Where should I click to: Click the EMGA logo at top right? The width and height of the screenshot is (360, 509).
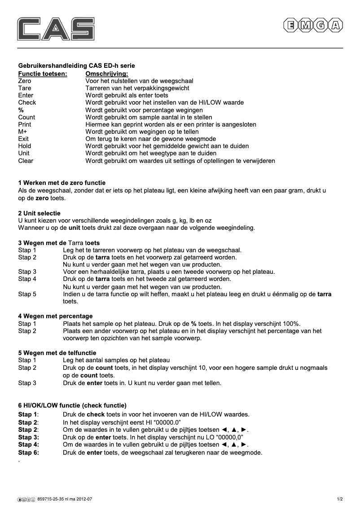coord(313,26)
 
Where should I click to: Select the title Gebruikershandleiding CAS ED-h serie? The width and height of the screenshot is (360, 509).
coord(76,66)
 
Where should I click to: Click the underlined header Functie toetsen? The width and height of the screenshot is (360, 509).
coord(43,73)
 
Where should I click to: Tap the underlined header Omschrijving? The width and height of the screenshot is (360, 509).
coord(106,73)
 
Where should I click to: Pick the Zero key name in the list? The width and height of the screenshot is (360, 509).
coord(25,81)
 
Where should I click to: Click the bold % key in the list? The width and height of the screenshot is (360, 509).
coord(21,110)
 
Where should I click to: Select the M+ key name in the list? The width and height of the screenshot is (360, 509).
coord(23,132)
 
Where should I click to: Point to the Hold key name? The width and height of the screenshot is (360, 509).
coord(25,146)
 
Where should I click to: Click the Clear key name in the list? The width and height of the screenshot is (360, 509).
coord(26,161)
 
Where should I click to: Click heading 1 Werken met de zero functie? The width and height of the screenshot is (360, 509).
coord(62,183)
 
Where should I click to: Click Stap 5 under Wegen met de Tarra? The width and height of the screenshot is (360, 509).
coord(27,294)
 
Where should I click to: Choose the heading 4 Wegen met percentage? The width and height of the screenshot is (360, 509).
coord(55,316)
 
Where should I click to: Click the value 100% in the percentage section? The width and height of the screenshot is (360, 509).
coord(291,324)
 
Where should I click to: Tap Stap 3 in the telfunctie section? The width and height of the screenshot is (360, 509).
coord(27,383)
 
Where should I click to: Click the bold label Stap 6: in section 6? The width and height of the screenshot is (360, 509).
coord(29,452)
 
